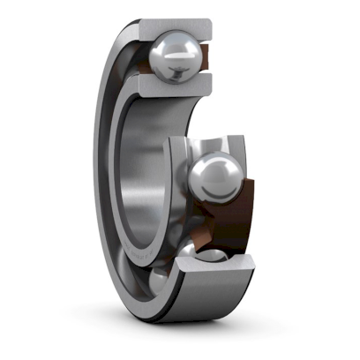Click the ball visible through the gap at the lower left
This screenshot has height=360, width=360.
pyautogui.click(x=159, y=281)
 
